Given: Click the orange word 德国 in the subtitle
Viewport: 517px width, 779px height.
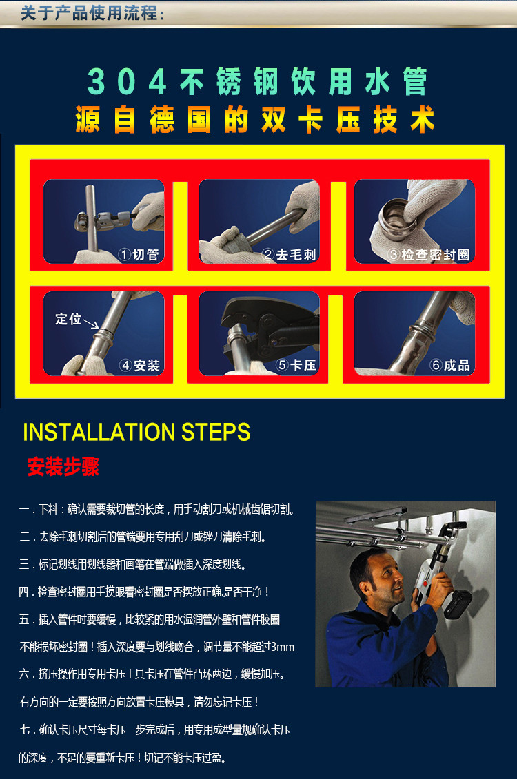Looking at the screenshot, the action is (x=181, y=121).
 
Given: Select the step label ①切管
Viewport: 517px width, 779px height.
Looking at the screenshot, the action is (x=138, y=255).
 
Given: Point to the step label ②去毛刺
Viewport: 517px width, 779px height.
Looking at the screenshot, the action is (x=289, y=255).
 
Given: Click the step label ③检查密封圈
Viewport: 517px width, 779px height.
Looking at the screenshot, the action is (x=429, y=255).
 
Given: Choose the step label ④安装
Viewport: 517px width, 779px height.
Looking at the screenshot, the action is (x=140, y=366).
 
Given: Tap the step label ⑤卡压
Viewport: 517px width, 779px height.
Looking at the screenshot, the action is (x=296, y=366).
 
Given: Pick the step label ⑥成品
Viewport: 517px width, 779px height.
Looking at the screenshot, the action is (x=450, y=366).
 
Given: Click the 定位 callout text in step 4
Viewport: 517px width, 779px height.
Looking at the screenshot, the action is (x=68, y=318).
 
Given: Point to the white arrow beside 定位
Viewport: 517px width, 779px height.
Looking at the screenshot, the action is (x=90, y=324).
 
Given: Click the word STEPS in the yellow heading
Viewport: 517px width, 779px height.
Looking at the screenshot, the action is (x=215, y=433).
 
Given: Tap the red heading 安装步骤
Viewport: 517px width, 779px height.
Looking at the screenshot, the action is (x=63, y=466).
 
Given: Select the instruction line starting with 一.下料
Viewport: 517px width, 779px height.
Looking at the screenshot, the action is (x=157, y=509).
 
